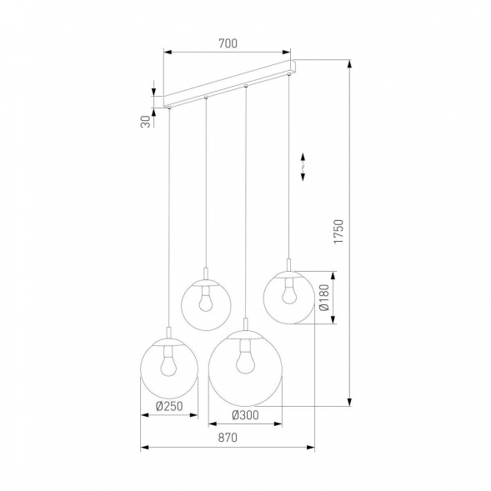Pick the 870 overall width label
[227, 438]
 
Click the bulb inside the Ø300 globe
[244, 361]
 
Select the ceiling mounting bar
[229, 83]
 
